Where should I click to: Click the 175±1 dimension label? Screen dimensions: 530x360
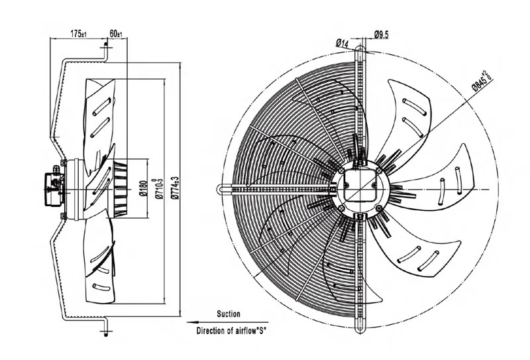tap(78, 34)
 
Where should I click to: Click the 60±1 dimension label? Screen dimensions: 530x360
tap(116, 34)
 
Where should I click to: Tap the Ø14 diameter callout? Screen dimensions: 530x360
tap(342, 43)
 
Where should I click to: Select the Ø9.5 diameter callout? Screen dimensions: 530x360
tap(382, 34)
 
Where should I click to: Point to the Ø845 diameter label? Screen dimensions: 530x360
tap(482, 81)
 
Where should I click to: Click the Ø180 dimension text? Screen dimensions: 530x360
tap(143, 188)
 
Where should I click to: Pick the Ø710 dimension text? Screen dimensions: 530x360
tap(158, 188)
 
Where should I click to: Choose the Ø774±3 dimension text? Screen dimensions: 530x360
tap(174, 188)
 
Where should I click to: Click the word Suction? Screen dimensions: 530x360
tap(229, 314)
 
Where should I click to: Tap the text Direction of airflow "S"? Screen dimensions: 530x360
tap(231, 331)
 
